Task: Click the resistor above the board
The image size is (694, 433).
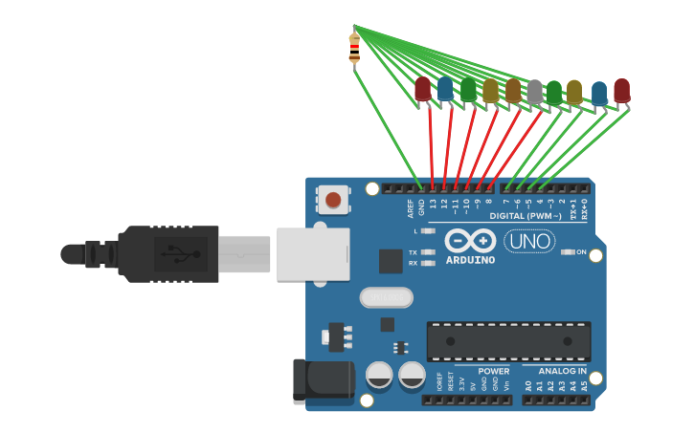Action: (354, 49)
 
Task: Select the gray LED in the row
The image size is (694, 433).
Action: (534, 91)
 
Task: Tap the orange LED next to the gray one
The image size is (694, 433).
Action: (513, 90)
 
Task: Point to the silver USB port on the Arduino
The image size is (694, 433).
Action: (313, 254)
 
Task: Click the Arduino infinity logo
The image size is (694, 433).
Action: (470, 241)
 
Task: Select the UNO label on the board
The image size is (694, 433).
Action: (529, 241)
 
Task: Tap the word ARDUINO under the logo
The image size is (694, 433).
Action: (470, 260)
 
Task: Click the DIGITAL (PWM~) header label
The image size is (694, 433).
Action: (526, 216)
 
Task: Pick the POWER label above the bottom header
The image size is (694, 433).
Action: (494, 371)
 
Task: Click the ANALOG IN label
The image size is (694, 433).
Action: (562, 371)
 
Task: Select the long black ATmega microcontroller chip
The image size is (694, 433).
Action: (508, 341)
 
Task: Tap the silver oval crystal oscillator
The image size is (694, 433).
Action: (386, 298)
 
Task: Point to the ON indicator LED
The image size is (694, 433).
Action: (570, 252)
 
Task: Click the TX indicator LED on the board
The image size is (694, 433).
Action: (427, 252)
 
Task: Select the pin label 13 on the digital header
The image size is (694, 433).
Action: (433, 203)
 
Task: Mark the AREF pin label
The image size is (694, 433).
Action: (410, 206)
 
